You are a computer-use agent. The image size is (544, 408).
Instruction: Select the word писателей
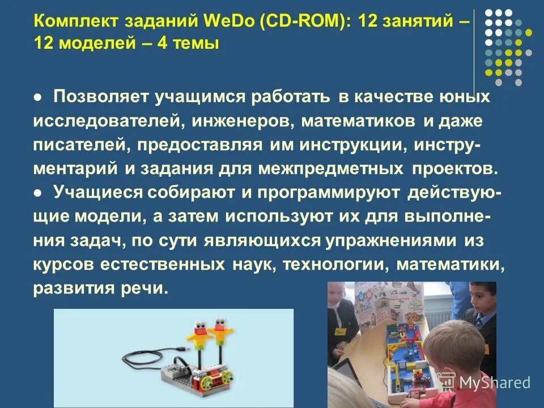coord(82,145)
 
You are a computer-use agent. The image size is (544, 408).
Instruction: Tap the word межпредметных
coord(331,169)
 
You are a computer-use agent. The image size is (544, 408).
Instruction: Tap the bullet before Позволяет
coord(37,97)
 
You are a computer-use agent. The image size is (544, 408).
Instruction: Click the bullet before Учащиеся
coord(37,193)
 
